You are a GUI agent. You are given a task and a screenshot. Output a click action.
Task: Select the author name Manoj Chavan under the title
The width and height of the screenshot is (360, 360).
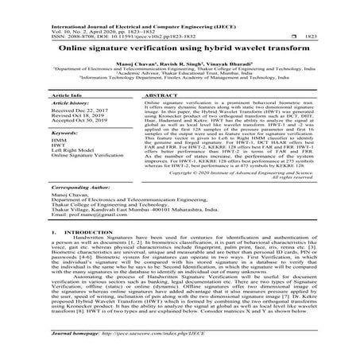128,64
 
